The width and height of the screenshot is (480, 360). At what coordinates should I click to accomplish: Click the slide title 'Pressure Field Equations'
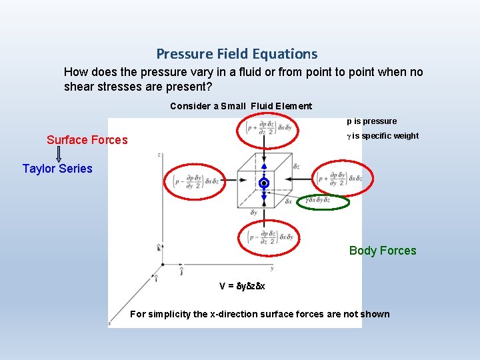click(237, 54)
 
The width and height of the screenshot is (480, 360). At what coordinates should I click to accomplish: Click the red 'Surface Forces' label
click(87, 140)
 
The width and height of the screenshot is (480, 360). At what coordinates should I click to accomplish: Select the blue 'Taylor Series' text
click(57, 169)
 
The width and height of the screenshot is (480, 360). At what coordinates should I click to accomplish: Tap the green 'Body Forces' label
click(383, 251)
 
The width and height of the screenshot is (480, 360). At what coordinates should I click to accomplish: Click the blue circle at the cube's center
click(264, 183)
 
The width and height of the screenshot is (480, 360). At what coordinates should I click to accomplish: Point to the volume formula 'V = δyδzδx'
click(242, 286)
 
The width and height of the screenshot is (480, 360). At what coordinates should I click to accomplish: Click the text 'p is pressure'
click(371, 121)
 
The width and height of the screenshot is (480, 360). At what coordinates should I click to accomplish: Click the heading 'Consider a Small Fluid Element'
click(241, 106)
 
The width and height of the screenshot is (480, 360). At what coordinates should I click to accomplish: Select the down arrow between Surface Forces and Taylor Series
click(59, 154)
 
